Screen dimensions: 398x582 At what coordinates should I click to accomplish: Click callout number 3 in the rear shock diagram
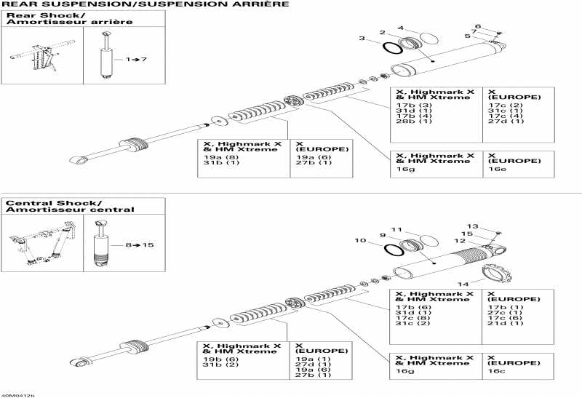pyautogui.click(x=362, y=38)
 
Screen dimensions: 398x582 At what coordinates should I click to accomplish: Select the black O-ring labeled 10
pyautogui.click(x=394, y=250)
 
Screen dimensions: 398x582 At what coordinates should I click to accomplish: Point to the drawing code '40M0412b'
pyautogui.click(x=17, y=394)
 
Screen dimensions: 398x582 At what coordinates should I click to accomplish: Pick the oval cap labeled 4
pyautogui.click(x=429, y=38)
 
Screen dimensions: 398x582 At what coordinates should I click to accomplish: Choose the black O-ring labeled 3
pyautogui.click(x=394, y=48)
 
